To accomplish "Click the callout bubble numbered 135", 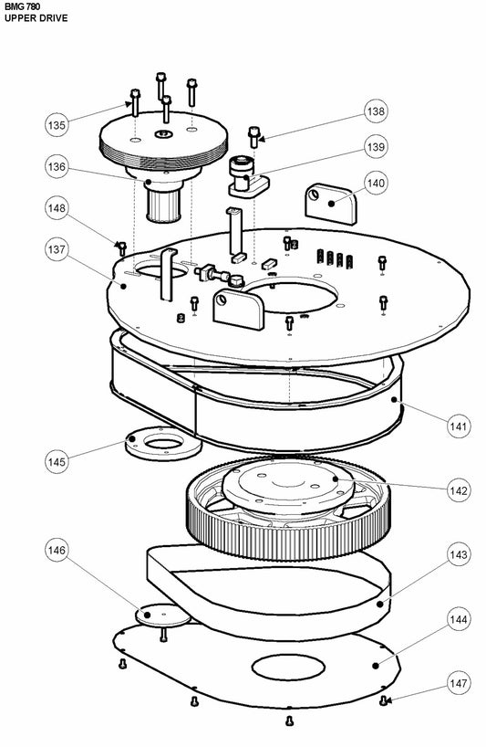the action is click(x=57, y=125).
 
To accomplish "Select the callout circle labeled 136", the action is click(x=57, y=167).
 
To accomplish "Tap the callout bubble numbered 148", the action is click(x=57, y=208).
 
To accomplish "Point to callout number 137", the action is click(x=57, y=249).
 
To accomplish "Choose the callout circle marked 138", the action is click(x=376, y=111).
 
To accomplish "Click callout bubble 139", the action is click(x=376, y=147).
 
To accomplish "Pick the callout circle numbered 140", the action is click(x=376, y=183).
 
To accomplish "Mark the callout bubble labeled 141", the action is click(x=459, y=426).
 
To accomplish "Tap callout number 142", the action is click(x=459, y=490).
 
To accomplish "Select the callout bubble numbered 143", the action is click(x=459, y=554).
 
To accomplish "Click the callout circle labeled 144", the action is click(x=459, y=619).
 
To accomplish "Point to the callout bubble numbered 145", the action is click(x=57, y=462).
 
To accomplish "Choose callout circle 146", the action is click(x=57, y=551).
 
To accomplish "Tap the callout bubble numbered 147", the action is click(x=459, y=684).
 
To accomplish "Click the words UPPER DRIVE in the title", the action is click(x=36, y=18).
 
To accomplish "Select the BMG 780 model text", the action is click(x=23, y=6).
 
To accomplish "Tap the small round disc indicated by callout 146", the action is click(x=162, y=615).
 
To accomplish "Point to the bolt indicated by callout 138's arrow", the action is click(x=253, y=137).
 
